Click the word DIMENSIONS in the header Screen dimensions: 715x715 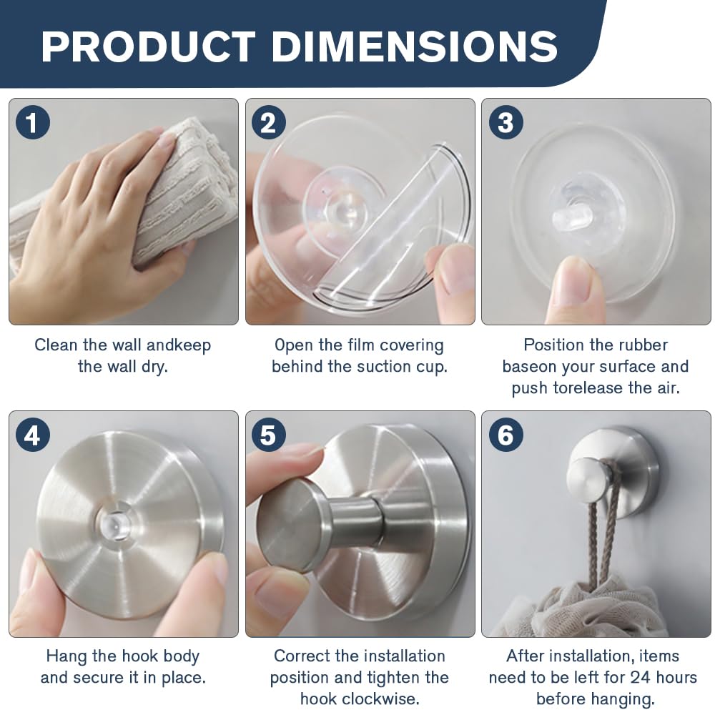pos(415,46)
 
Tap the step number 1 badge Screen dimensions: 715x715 pos(32,122)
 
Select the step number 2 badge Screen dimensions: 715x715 pos(269,122)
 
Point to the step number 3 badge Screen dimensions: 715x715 pos(506,122)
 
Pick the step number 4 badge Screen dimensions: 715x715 pos(32,435)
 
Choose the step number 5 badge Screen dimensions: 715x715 pos(269,435)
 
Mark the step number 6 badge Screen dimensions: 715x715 pos(506,435)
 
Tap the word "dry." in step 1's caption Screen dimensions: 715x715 pos(154,366)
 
